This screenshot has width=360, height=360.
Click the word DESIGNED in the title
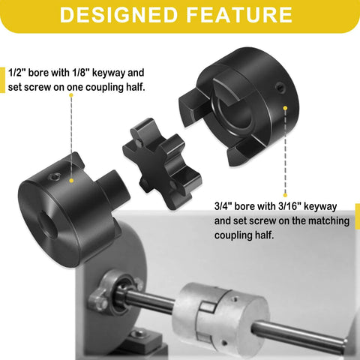119,15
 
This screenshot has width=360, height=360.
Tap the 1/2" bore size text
20,73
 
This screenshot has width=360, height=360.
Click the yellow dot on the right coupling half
286,109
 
